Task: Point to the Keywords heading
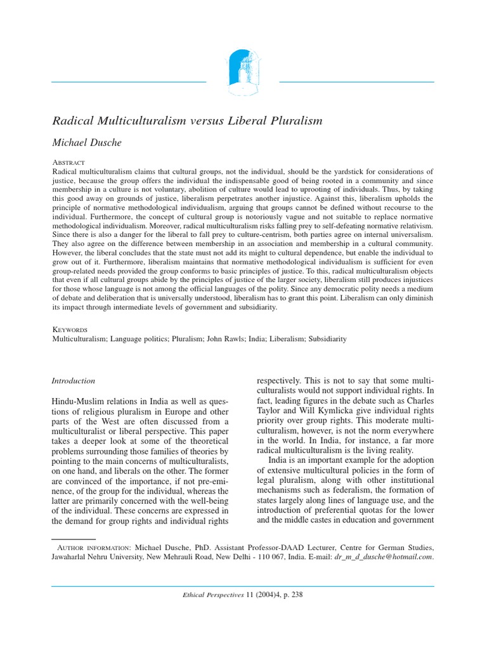pos(69,330)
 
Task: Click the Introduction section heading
pos(73,381)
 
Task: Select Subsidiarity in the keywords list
pos(327,339)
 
